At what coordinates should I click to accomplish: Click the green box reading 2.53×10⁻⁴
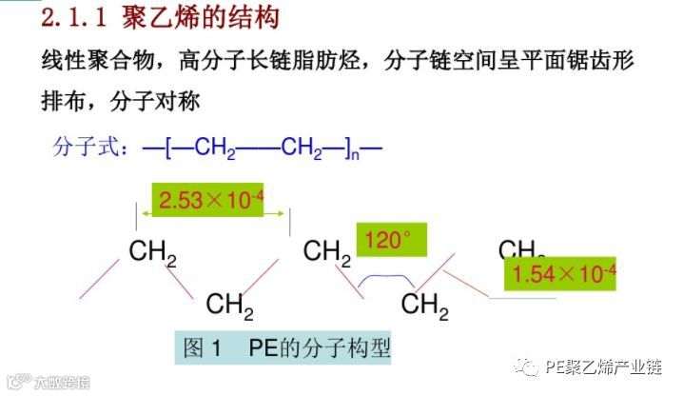click(212, 200)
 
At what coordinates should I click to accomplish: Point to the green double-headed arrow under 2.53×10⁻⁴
click(214, 215)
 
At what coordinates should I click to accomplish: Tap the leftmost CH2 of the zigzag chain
click(153, 253)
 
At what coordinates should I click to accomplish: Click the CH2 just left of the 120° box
click(327, 253)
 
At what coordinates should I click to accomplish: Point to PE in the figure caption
click(263, 348)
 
